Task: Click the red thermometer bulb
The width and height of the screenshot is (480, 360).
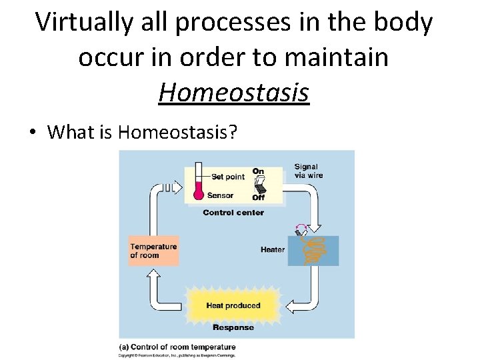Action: pyautogui.click(x=197, y=194)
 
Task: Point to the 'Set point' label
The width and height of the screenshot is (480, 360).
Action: pyautogui.click(x=227, y=177)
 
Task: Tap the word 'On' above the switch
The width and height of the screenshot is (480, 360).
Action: pyautogui.click(x=257, y=171)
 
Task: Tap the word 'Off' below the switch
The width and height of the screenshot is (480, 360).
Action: pyautogui.click(x=258, y=197)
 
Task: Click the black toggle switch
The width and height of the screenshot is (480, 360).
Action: pyautogui.click(x=259, y=184)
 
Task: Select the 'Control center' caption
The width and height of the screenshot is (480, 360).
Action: pyautogui.click(x=233, y=213)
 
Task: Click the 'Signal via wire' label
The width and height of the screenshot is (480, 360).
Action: pyautogui.click(x=306, y=171)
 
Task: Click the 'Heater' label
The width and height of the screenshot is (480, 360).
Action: pyautogui.click(x=272, y=250)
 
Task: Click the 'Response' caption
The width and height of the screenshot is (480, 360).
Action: pyautogui.click(x=233, y=327)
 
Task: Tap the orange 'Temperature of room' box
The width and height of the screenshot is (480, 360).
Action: pyautogui.click(x=153, y=250)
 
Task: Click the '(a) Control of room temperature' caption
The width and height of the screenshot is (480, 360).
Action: pyautogui.click(x=177, y=347)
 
